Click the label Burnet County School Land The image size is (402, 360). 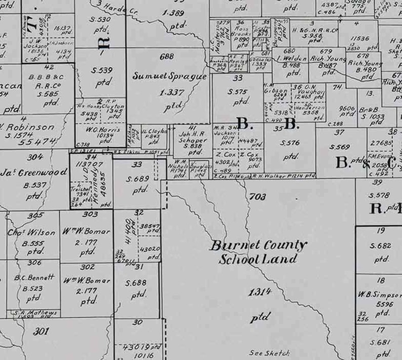point(258,252)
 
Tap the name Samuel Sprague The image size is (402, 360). point(170,76)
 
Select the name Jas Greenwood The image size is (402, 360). point(34,172)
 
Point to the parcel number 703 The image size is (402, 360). point(258,196)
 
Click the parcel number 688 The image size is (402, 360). point(167,57)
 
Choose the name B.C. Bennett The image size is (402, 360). point(34,277)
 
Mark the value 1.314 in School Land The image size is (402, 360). point(260,292)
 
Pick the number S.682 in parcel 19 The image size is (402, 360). point(380,246)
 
